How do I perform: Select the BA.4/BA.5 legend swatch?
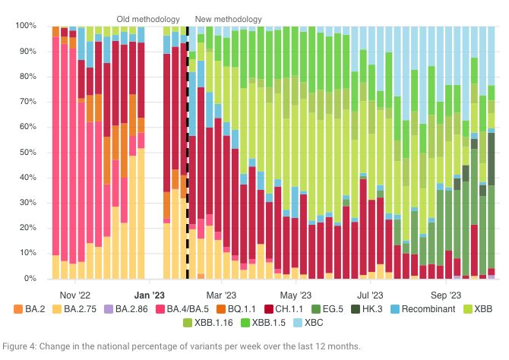tap(170, 309)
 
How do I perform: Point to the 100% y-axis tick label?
tap(25, 26)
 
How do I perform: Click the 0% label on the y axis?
tap(30, 279)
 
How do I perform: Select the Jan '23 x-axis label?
tap(149, 293)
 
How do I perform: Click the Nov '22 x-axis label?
tap(74, 293)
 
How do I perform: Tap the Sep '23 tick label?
tap(446, 293)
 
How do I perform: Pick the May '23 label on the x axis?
tap(296, 293)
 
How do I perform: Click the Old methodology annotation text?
tap(148, 18)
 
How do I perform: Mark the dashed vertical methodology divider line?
tap(188, 152)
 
